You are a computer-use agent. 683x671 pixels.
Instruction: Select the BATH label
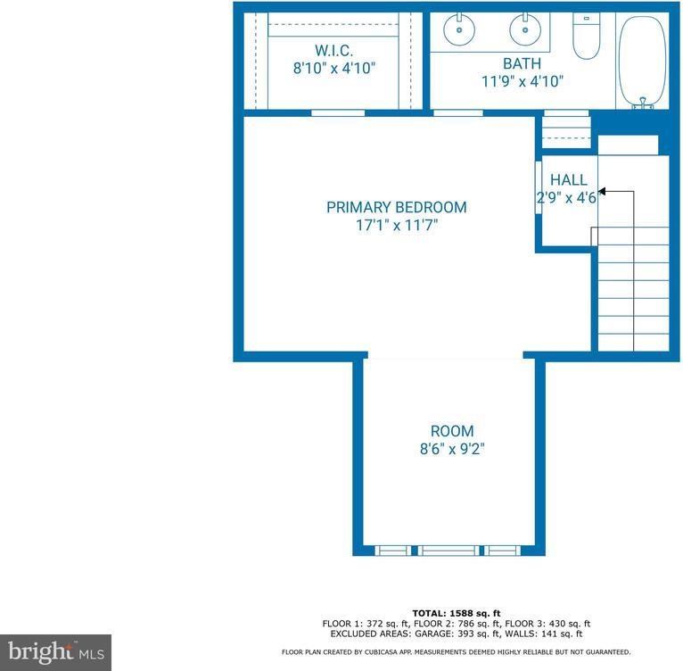coord(522,63)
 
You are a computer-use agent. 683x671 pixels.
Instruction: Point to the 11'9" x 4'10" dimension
coord(522,81)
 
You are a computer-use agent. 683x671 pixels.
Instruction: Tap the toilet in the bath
coord(586,37)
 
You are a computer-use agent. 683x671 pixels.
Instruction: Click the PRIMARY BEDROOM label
coord(396,207)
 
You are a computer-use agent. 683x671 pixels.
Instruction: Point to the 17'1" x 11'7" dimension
coord(396,225)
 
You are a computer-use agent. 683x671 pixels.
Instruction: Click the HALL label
coord(568,180)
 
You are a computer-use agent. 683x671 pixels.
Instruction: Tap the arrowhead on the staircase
coord(603,191)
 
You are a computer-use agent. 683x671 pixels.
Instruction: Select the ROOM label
coord(451,431)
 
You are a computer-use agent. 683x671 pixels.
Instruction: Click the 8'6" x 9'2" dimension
coord(451,449)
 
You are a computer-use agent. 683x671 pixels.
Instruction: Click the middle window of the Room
coord(449,551)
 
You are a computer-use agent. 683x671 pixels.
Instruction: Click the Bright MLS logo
coord(55,651)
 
